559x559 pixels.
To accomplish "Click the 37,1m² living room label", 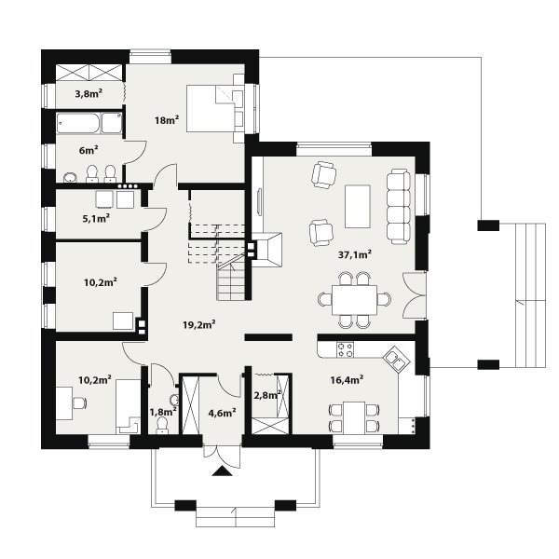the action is coord(355,254).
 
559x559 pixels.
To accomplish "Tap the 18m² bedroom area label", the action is coord(167,120).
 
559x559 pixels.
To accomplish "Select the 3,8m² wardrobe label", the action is coord(89,94).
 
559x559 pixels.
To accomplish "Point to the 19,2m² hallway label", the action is coord(199,325).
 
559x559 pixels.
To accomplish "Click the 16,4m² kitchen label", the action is coord(347,380).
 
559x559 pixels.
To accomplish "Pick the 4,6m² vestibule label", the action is coord(222,413).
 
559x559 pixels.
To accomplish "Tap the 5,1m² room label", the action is coord(96,218).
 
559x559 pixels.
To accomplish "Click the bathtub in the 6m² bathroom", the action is coord(78,123).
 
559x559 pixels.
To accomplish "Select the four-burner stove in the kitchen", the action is coord(345,349).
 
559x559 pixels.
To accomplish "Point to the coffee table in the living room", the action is coord(357,206).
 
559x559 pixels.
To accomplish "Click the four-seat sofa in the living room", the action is coord(399,207).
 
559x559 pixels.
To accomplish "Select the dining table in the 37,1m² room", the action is coord(354,300).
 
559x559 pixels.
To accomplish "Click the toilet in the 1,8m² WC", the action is coord(162,426).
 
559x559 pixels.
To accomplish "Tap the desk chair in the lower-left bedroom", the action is coord(80,403).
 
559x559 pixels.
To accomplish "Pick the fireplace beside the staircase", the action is coord(267,250).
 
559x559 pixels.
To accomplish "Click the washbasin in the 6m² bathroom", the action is coord(70,177).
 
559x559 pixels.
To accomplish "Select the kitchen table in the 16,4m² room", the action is coord(354,417).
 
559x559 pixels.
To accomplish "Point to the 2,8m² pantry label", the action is coord(267,395).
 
